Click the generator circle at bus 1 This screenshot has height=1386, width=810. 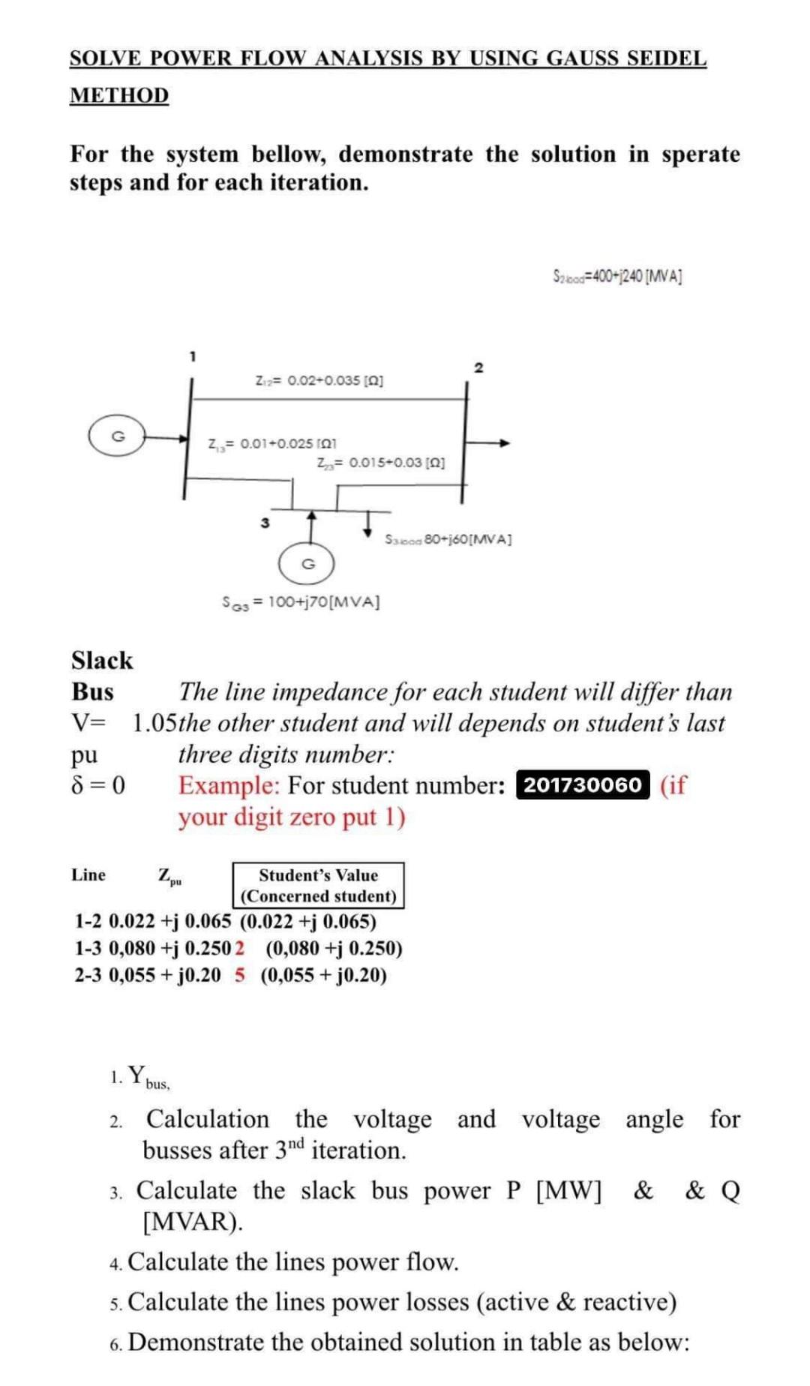(x=117, y=437)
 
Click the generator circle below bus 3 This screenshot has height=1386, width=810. (x=306, y=563)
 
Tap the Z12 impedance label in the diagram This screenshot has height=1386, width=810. (x=319, y=380)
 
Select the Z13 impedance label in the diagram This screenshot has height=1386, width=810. (x=266, y=443)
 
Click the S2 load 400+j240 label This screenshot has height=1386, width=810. (x=617, y=277)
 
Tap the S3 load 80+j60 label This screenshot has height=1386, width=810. (x=448, y=538)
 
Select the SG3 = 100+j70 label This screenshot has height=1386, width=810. (x=301, y=601)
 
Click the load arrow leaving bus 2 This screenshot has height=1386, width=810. (x=492, y=442)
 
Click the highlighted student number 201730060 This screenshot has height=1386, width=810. (x=582, y=785)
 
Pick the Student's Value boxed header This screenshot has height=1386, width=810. (x=318, y=885)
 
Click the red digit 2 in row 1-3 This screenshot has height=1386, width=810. (x=239, y=948)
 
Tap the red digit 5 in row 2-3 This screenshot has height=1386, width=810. (x=239, y=975)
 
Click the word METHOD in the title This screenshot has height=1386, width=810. (x=119, y=95)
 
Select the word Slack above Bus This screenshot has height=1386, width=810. (x=102, y=660)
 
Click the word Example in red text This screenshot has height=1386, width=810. (x=229, y=785)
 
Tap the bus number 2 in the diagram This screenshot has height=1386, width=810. (x=478, y=367)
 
